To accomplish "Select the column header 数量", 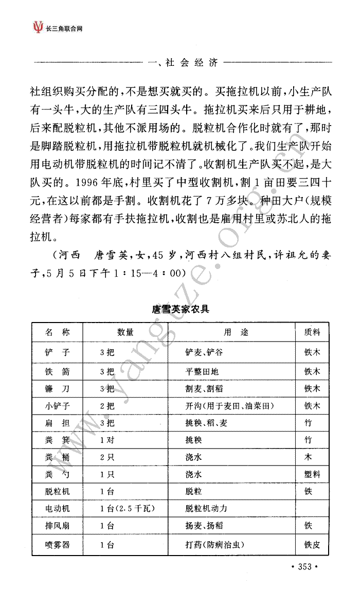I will [125, 332].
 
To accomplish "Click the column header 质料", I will [312, 332].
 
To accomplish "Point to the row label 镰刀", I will [58, 388].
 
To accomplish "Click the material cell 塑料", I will [312, 474].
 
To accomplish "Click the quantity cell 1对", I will [107, 440].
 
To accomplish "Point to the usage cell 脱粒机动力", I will [206, 508].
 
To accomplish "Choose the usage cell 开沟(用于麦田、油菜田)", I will [229, 406].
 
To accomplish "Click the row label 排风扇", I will [58, 526].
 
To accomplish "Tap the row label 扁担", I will [58, 423].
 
